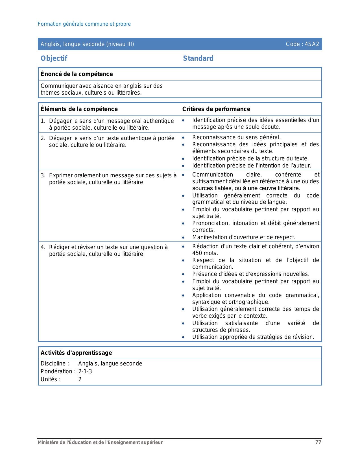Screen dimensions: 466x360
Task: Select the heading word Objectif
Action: pyautogui.click(x=54, y=58)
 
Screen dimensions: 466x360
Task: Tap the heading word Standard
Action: pyautogui.click(x=198, y=58)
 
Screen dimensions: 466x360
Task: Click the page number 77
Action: pyautogui.click(x=318, y=442)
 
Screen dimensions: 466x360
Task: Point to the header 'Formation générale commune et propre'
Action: pyautogui.click(x=84, y=24)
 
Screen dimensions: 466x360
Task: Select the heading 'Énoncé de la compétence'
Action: pyautogui.click(x=77, y=74)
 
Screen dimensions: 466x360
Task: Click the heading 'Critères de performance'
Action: pyautogui.click(x=216, y=109)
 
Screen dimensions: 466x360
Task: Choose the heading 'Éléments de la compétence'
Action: pyautogui.click(x=79, y=109)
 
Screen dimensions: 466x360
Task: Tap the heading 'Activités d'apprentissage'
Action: pyautogui.click(x=76, y=353)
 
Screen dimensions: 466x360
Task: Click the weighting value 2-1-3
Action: pyautogui.click(x=85, y=371)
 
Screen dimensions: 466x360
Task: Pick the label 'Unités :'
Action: pyautogui.click(x=51, y=379)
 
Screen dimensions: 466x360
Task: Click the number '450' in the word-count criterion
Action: pyautogui.click(x=197, y=253)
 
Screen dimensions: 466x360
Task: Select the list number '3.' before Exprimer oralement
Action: pyautogui.click(x=43, y=175)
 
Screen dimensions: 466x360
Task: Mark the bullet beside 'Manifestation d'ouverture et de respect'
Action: pyautogui.click(x=183, y=238)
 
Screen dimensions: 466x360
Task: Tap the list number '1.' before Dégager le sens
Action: pyautogui.click(x=43, y=121)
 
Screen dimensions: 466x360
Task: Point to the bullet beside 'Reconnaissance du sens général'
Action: pyautogui.click(x=183, y=138)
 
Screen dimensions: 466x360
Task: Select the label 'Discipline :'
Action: pyautogui.click(x=55, y=363)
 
